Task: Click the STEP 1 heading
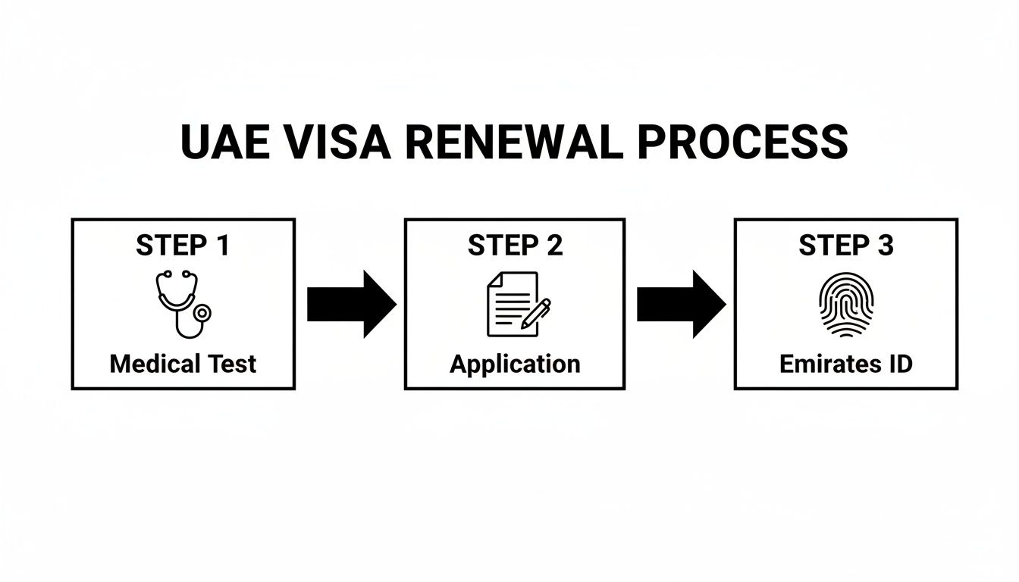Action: click(183, 246)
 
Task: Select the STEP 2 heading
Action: click(515, 246)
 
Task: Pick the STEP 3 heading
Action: click(845, 246)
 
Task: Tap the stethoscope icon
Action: click(183, 303)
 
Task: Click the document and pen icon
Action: click(516, 304)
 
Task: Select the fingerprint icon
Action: click(846, 304)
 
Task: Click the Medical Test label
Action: click(183, 364)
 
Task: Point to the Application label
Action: click(515, 364)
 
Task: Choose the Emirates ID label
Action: click(845, 364)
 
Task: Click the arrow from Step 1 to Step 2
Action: click(351, 304)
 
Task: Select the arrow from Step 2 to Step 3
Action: click(681, 304)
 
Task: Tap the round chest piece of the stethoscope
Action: click(202, 312)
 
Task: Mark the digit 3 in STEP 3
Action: click(884, 246)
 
